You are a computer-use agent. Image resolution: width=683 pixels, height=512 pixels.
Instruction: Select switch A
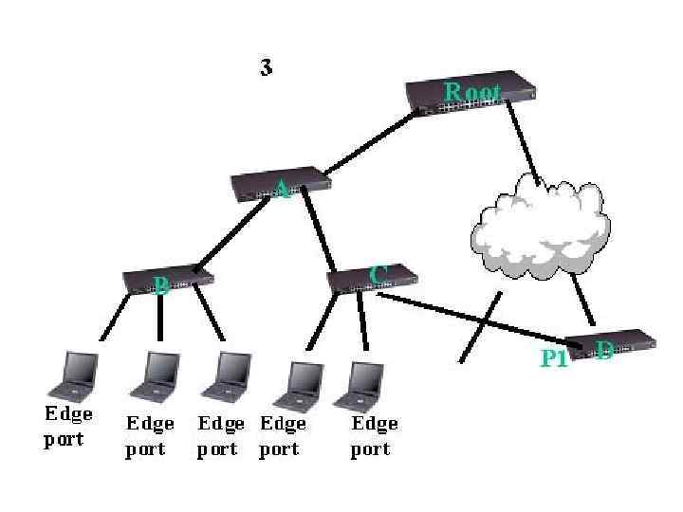(x=282, y=185)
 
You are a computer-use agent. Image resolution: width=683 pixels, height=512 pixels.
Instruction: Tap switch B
(x=168, y=279)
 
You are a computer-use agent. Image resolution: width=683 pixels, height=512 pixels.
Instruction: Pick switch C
(x=372, y=279)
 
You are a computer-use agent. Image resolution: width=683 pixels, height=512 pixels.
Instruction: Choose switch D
(x=612, y=345)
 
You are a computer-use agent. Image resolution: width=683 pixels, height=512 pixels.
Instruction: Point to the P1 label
(x=554, y=358)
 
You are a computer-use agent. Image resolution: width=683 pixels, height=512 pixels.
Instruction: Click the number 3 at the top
(x=267, y=67)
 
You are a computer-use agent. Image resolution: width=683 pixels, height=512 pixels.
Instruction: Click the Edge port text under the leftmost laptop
(x=68, y=426)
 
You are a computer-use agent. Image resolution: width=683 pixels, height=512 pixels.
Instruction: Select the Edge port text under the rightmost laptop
(x=374, y=435)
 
